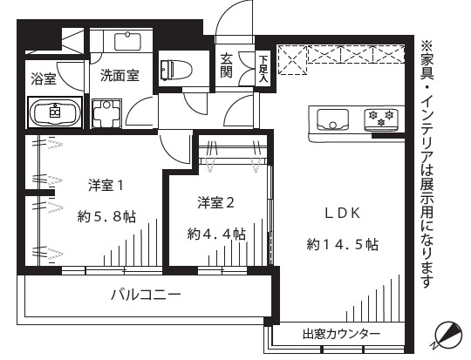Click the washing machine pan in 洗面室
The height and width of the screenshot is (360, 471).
(x=108, y=113)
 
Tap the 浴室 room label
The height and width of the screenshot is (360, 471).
(x=43, y=78)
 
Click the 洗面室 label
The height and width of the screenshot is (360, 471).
(x=119, y=75)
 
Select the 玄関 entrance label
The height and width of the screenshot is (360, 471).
(x=226, y=66)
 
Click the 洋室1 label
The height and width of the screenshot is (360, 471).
(x=109, y=185)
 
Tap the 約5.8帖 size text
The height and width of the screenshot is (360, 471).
(x=104, y=216)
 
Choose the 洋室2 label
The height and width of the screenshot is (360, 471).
(x=216, y=202)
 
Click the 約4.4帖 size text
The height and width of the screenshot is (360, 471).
(x=215, y=234)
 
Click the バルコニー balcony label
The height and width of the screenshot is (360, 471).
(x=146, y=295)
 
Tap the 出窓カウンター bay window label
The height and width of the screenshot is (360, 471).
(x=341, y=335)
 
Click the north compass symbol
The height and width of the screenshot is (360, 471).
(x=448, y=333)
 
